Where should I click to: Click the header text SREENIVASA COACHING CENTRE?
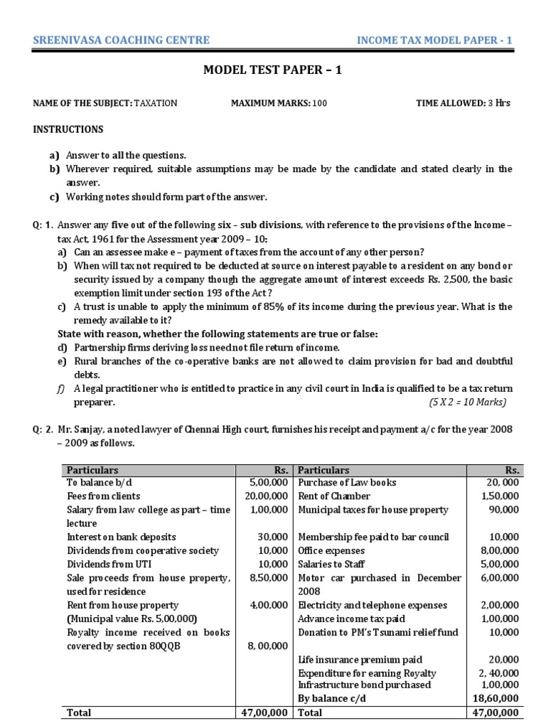pos(122,40)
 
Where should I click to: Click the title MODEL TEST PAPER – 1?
pos(273,70)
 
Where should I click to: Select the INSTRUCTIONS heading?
pos(68,129)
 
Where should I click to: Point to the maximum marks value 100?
pos(319,103)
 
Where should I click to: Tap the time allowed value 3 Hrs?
pos(498,103)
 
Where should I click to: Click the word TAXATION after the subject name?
pos(156,103)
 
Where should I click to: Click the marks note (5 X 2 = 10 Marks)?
pos(467,402)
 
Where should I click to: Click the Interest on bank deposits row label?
pos(121,537)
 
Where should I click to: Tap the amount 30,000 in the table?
pos(274,537)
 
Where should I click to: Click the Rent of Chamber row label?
pos(334,496)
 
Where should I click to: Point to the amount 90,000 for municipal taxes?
pos(504,510)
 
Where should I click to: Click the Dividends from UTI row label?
pos(102,564)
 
